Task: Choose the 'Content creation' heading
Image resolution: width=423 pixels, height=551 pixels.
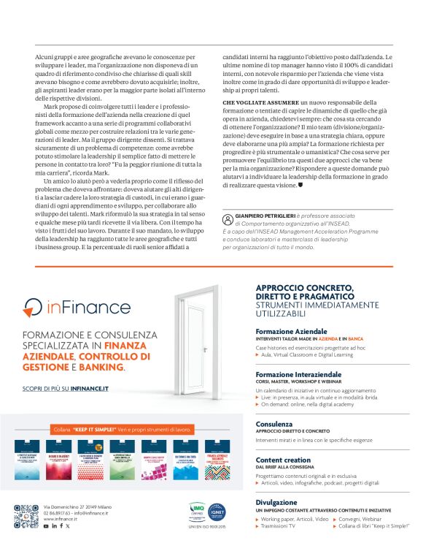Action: (x=283, y=460)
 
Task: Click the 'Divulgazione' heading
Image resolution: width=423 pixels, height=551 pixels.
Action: (x=277, y=503)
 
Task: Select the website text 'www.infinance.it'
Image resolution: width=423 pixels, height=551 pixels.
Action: (x=61, y=519)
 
